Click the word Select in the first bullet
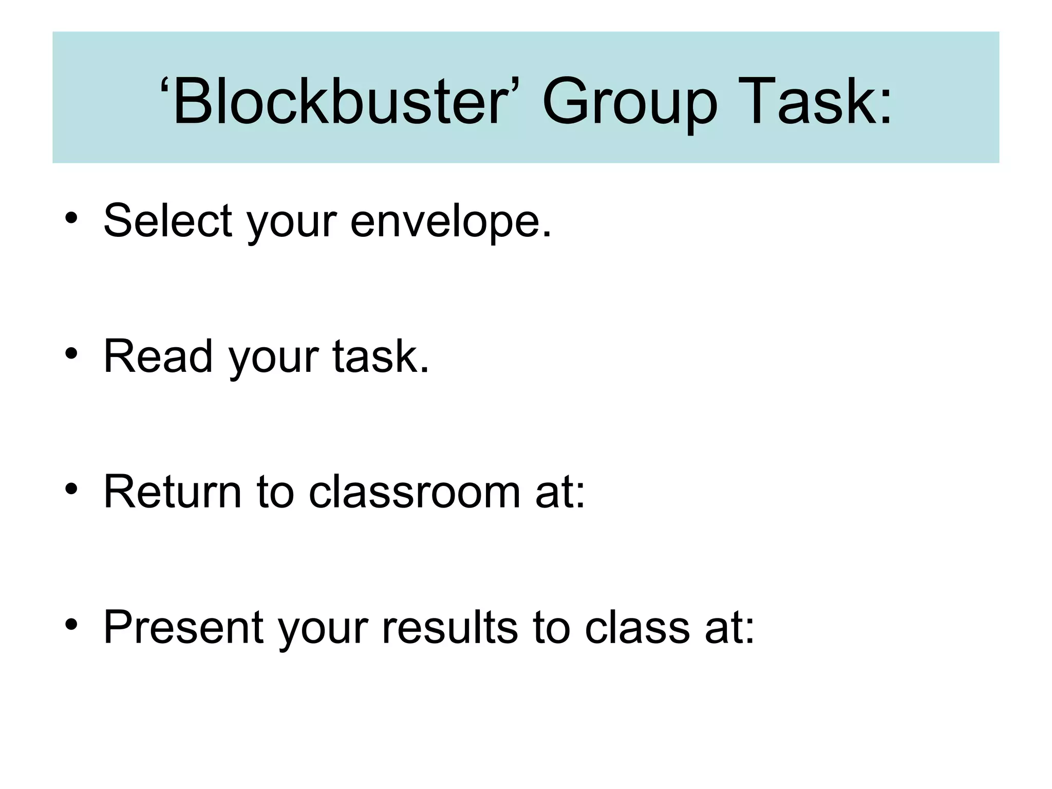coord(168,220)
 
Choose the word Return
coord(173,492)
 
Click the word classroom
coord(415,492)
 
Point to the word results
coord(450,627)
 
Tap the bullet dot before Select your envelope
coord(71,218)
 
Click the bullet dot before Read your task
coord(71,353)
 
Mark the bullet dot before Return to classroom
coord(71,489)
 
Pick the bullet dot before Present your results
coord(71,625)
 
